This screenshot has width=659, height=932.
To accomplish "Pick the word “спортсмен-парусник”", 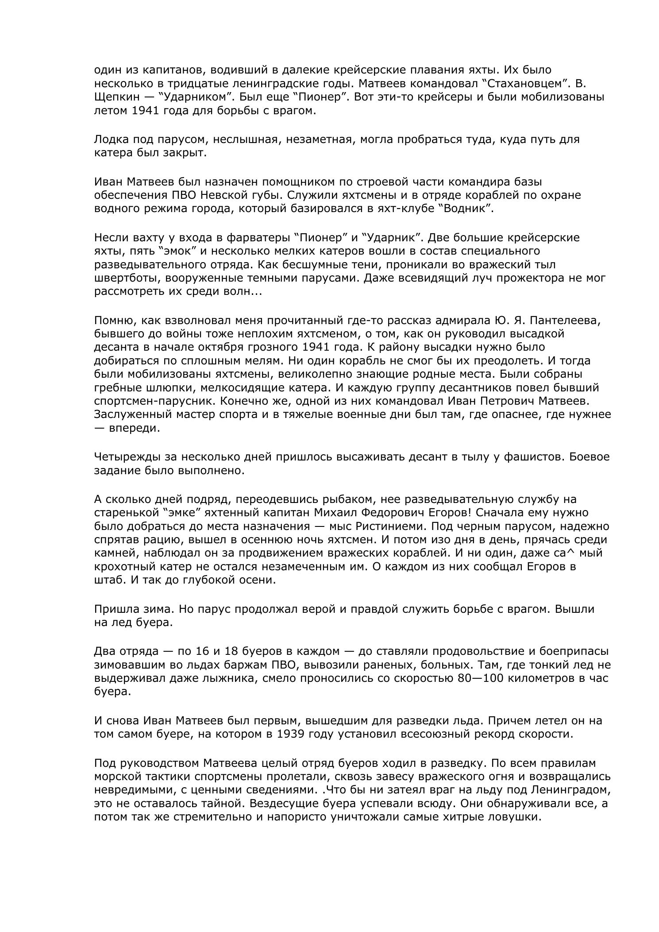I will tap(153, 401).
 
